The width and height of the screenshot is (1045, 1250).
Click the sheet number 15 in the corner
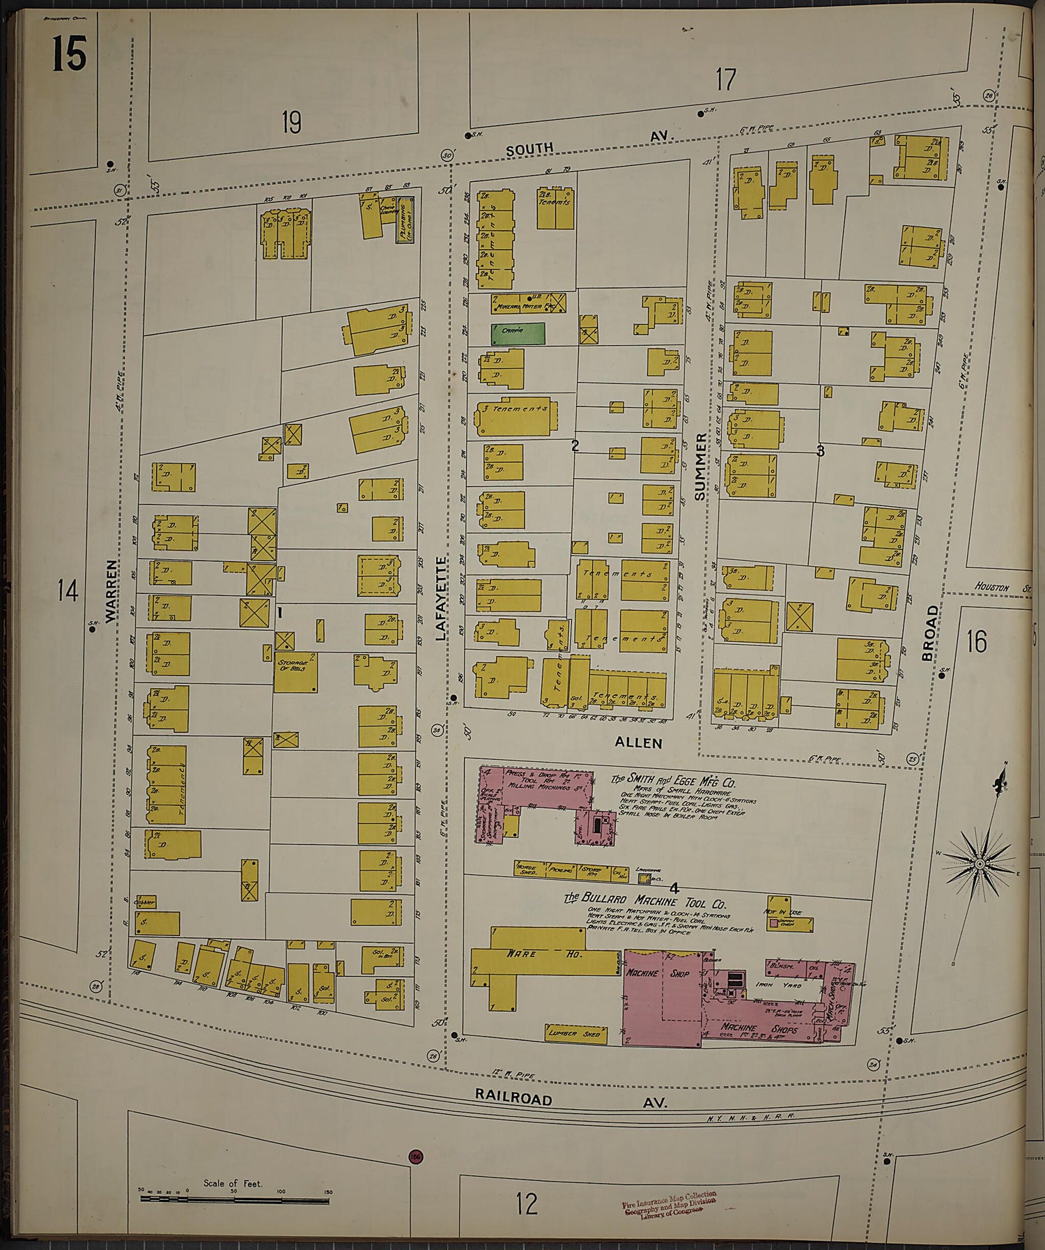[x=69, y=54]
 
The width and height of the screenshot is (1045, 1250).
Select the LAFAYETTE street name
[x=441, y=598]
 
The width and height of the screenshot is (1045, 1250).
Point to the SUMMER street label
[x=701, y=466]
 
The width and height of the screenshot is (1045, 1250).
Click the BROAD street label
[x=929, y=633]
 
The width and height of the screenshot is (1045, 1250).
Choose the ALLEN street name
[x=638, y=743]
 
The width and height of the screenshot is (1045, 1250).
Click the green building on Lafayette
[x=518, y=334]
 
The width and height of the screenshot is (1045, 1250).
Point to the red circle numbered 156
[x=416, y=1157]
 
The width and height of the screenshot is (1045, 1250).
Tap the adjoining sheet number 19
[x=291, y=123]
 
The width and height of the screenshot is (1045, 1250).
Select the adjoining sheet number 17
[x=725, y=79]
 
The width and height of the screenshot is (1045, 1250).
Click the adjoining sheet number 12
[x=527, y=1203]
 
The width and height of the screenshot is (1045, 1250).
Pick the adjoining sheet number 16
[x=976, y=641]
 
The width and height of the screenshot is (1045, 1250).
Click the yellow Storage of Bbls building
[x=295, y=673]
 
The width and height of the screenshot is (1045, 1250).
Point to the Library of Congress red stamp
[x=669, y=1204]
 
